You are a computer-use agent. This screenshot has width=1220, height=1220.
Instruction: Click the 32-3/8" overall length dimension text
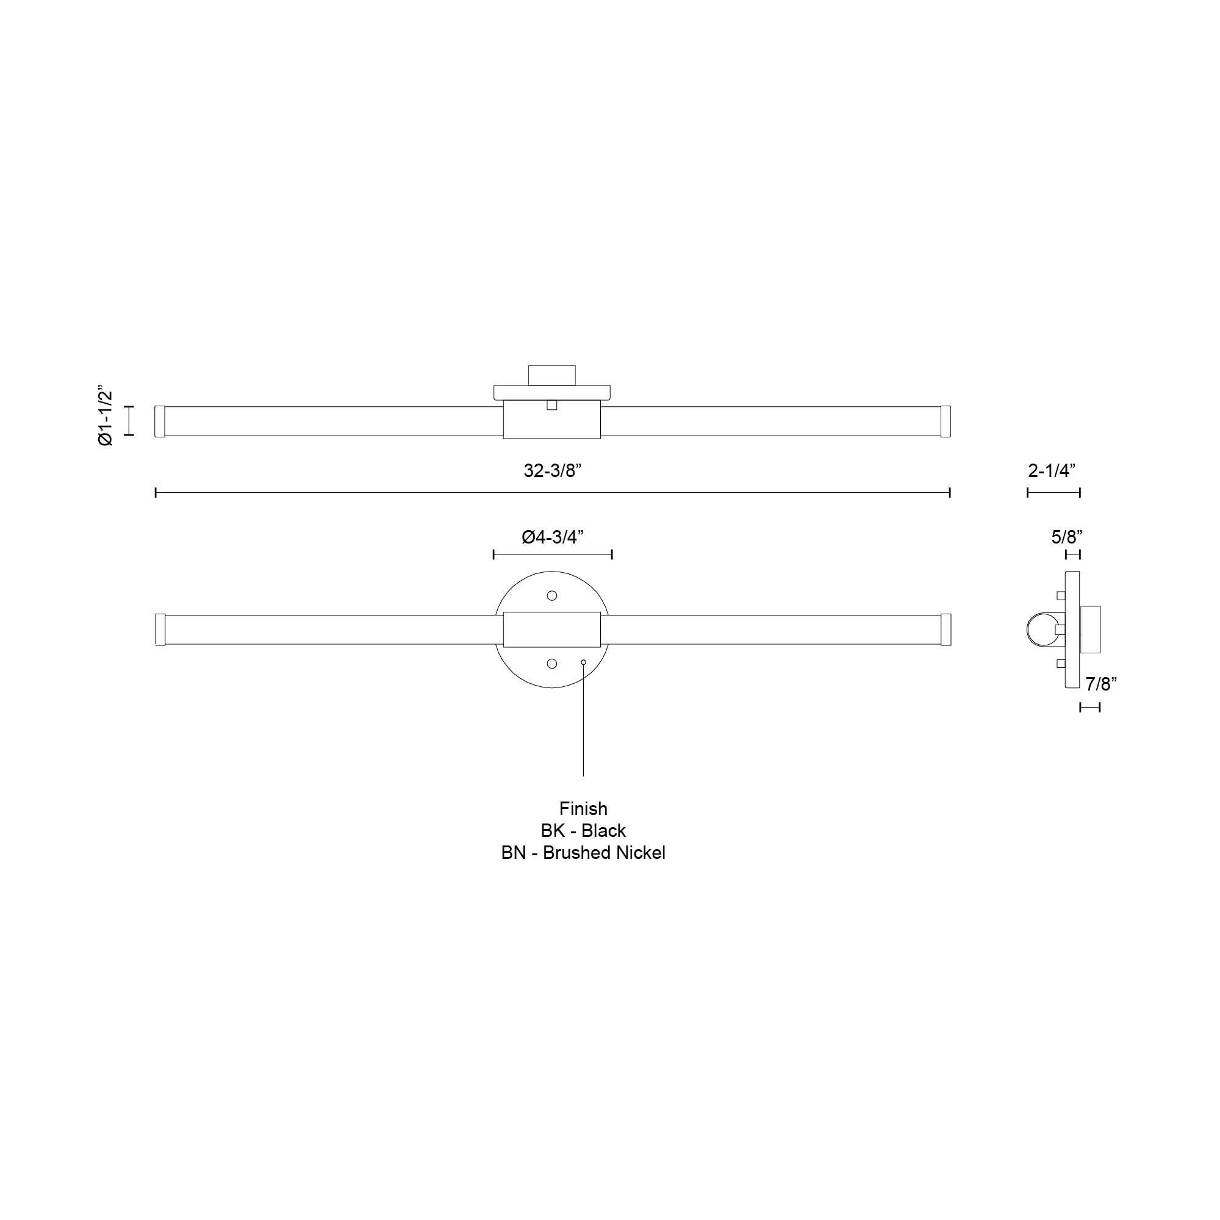click(552, 470)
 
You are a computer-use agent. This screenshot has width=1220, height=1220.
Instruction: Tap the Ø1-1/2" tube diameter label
click(106, 417)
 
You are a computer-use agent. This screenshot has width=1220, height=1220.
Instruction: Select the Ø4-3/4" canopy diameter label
click(552, 537)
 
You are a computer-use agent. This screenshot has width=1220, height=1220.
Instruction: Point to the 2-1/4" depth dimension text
click(1052, 470)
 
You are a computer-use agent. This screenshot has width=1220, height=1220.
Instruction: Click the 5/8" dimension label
click(1066, 537)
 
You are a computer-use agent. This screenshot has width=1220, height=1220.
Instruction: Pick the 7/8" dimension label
click(1101, 683)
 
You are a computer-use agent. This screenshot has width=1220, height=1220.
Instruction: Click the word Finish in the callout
click(583, 808)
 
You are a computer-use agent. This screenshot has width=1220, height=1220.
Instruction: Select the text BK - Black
click(583, 830)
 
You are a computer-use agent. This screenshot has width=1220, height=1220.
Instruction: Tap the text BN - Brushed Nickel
click(583, 853)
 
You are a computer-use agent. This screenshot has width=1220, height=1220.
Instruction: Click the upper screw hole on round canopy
click(552, 595)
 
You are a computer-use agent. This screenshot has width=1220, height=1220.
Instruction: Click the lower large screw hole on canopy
click(552, 663)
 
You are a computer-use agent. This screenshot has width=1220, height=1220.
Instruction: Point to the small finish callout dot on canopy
click(584, 662)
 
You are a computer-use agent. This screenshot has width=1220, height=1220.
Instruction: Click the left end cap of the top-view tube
click(160, 421)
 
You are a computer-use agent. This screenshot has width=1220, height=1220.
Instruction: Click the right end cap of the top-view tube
click(945, 421)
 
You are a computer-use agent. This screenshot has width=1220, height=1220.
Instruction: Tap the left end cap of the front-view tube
click(160, 630)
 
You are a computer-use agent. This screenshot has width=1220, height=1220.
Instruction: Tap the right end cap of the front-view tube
click(945, 630)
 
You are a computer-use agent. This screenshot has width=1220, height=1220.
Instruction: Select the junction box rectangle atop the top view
click(552, 375)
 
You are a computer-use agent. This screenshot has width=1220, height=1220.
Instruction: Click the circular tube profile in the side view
click(1039, 630)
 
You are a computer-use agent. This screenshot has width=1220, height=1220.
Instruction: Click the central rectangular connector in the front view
click(552, 630)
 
